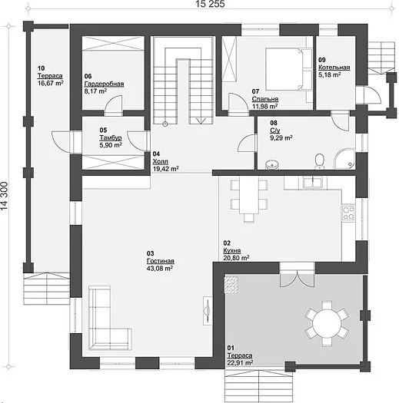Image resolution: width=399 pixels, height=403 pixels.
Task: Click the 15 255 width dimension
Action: [x=210, y=4]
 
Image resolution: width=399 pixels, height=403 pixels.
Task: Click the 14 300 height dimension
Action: [x=5, y=196]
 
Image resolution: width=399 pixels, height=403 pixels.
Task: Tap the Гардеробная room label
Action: [x=104, y=84]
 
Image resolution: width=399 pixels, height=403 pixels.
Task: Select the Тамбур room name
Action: [x=111, y=137]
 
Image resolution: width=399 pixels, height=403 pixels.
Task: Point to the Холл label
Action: [x=161, y=162]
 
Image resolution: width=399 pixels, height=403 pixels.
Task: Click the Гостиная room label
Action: [x=161, y=261]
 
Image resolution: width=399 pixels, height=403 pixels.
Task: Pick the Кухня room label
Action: [x=232, y=250]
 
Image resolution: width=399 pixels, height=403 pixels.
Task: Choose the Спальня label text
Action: [x=265, y=99]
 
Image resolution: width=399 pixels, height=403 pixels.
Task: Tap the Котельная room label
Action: [x=334, y=68]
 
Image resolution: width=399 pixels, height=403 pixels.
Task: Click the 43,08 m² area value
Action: [x=160, y=269]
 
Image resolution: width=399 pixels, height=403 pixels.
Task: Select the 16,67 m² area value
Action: [x=51, y=83]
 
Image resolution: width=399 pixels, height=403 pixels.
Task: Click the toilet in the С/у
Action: [x=320, y=161]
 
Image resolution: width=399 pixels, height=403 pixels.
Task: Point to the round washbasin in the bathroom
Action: [x=271, y=164]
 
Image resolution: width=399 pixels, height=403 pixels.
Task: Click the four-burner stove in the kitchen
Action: [x=348, y=213]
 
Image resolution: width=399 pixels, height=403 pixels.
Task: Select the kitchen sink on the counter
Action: [x=312, y=183]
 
